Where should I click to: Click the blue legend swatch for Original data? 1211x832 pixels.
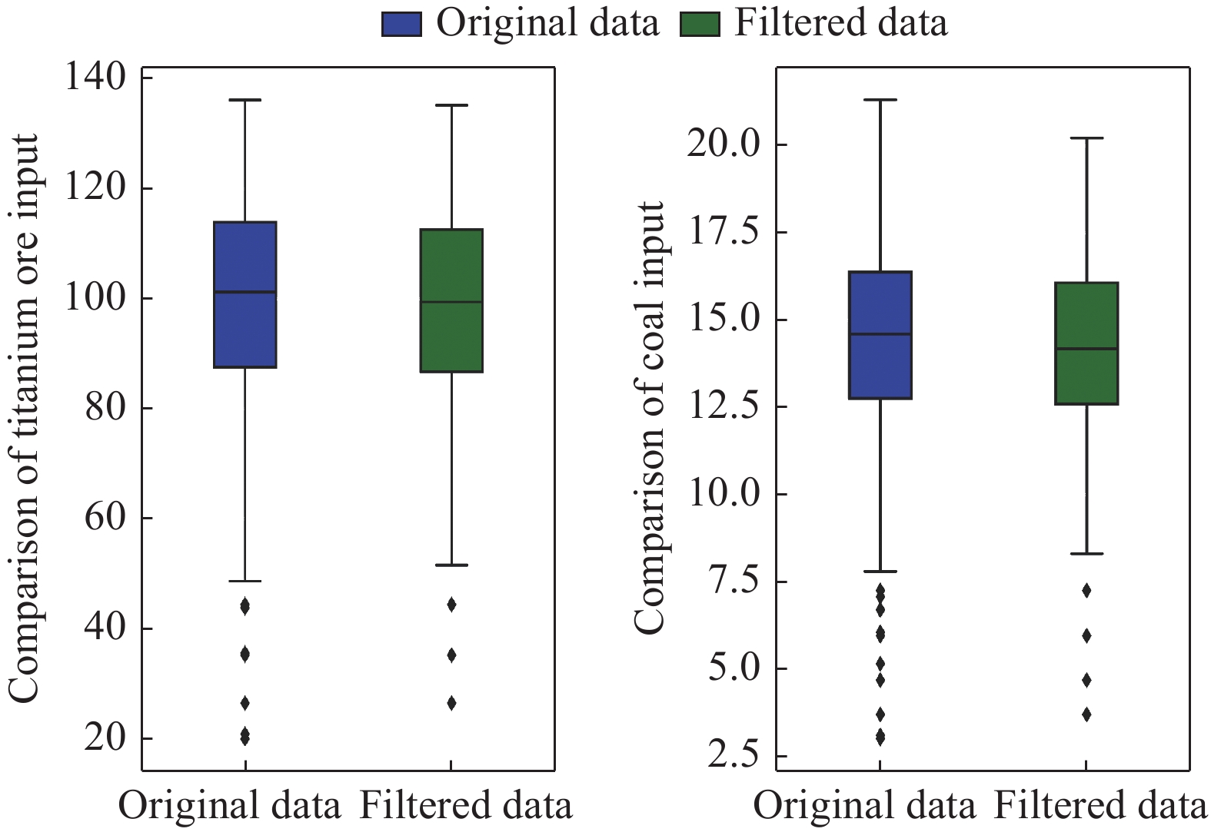[x=401, y=25]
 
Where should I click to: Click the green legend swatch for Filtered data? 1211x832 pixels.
[x=700, y=25]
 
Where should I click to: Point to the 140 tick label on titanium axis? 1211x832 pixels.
[x=95, y=78]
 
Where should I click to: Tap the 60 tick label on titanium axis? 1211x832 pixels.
[x=105, y=518]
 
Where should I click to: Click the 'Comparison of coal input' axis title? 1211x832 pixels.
[x=650, y=419]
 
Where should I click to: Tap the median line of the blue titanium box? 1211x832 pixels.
[x=245, y=292]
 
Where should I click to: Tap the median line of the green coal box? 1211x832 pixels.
[x=1086, y=349]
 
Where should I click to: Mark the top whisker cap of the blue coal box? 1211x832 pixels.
[x=880, y=100]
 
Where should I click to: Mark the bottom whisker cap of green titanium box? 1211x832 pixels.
[x=451, y=565]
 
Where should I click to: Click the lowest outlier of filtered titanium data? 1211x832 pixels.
[x=451, y=703]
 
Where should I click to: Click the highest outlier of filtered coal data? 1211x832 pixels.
[x=1086, y=590]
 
